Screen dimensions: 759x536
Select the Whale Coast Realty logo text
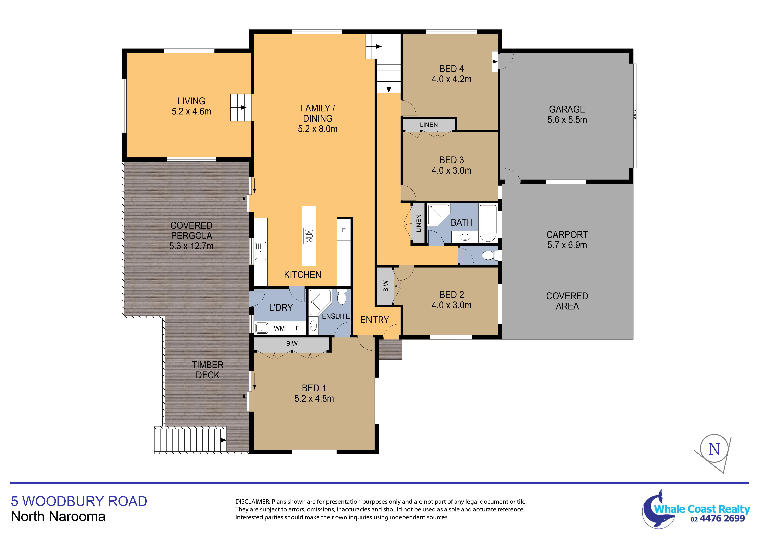click(x=702, y=509)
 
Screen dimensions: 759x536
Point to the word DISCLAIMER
click(x=253, y=502)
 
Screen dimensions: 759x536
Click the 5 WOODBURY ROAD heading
click(x=79, y=501)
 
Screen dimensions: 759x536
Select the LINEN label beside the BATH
click(x=419, y=223)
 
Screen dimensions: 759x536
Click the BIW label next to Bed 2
click(x=385, y=286)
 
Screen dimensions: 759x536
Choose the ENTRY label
click(x=374, y=320)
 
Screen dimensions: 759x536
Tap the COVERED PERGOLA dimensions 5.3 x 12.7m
click(x=191, y=246)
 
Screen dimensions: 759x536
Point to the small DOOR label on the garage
click(x=635, y=115)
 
